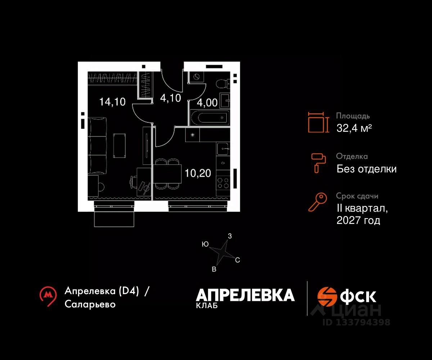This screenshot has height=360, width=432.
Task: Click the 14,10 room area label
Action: [x=112, y=102]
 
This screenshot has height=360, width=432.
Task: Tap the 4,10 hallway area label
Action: [x=170, y=98]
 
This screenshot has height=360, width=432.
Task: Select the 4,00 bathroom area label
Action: [x=207, y=103]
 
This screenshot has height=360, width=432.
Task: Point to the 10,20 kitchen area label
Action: [x=198, y=173]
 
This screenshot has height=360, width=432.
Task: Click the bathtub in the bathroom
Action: [x=209, y=118]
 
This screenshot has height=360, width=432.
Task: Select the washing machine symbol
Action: [x=197, y=77]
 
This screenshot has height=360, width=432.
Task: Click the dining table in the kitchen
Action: [x=168, y=174]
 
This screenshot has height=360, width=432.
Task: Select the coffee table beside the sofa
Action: [x=120, y=145]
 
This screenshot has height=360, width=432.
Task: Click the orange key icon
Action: [x=318, y=202]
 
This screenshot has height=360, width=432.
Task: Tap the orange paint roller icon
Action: [x=319, y=162]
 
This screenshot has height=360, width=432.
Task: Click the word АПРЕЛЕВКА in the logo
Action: [x=245, y=295]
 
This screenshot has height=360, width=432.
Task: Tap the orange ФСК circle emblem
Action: [x=327, y=296]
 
